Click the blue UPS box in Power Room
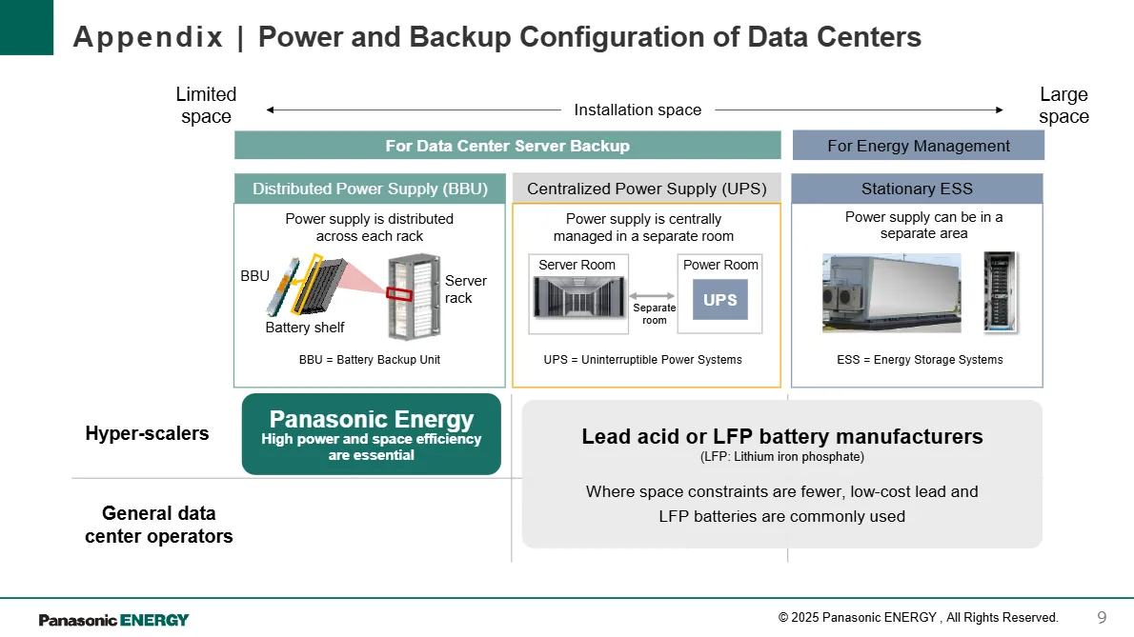point(719,299)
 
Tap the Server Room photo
point(578,297)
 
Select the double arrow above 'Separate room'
point(652,295)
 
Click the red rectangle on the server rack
point(398,294)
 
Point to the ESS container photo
point(892,292)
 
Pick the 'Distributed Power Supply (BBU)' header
point(370,189)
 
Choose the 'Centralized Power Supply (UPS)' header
point(646,189)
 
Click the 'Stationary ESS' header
point(917,189)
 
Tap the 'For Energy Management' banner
point(919,146)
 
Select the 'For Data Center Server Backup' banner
point(508,145)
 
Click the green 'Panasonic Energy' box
point(372,434)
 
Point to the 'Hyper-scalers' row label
point(147,433)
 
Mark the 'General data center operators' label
point(158,525)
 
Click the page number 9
point(1102,618)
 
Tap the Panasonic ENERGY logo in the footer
point(113,620)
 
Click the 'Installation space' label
point(638,109)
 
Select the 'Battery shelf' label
point(305,328)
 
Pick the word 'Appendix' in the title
point(149,37)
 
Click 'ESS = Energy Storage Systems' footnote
point(920,360)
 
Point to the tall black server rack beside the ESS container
point(1001,292)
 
